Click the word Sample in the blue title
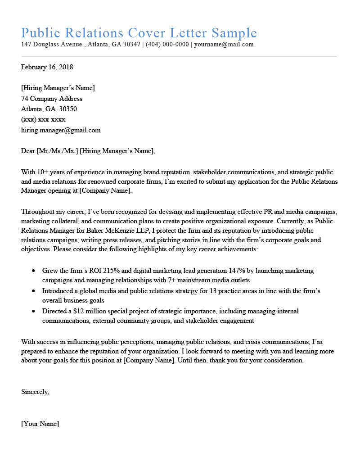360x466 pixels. [x=234, y=33]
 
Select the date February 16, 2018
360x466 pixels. [x=47, y=67]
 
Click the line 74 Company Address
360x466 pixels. [x=52, y=99]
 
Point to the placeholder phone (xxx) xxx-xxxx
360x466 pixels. [x=43, y=119]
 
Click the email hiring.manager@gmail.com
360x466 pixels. [x=61, y=130]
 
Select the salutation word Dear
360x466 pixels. [x=28, y=151]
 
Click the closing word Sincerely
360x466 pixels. [x=35, y=392]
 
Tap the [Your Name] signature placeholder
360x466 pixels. [x=40, y=424]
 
